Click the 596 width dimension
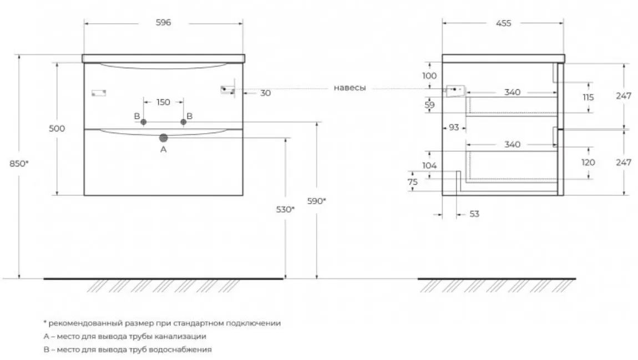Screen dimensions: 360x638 [x=163, y=23]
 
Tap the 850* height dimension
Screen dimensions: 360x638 [x=20, y=164]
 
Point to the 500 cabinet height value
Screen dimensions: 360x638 [x=57, y=129]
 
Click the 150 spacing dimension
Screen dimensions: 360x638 [x=163, y=102]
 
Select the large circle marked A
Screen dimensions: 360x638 [x=163, y=138]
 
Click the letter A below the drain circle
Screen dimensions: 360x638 [x=163, y=150]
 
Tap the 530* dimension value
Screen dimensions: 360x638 [x=285, y=209]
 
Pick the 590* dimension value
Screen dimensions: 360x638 [x=317, y=201]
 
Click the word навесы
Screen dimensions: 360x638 [x=350, y=88]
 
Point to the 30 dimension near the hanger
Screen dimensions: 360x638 [x=265, y=93]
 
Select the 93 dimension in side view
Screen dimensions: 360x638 [x=454, y=128]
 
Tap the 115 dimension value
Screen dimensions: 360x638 [x=588, y=97]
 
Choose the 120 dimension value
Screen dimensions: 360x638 [x=588, y=163]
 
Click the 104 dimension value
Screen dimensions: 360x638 [x=429, y=165]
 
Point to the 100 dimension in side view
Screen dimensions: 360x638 [x=429, y=75]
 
